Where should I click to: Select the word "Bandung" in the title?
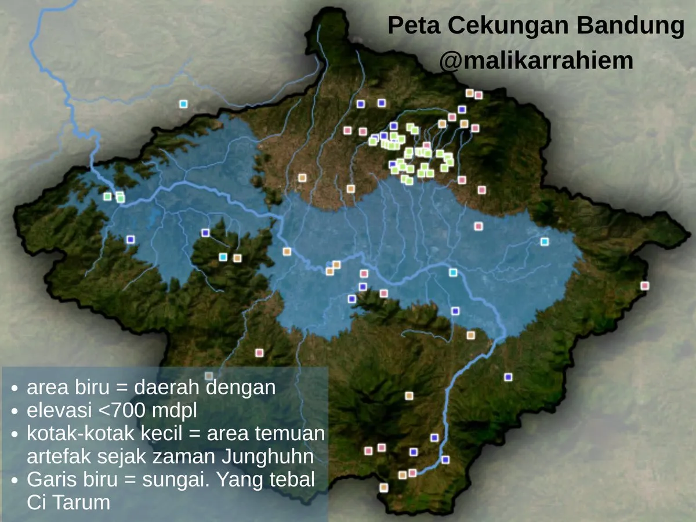click(638, 26)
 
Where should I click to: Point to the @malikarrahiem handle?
click(536, 60)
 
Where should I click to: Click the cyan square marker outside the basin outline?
click(183, 104)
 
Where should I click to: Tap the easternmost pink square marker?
click(644, 285)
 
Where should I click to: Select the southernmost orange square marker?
click(383, 488)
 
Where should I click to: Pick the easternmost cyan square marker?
click(544, 242)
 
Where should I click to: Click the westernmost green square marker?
click(107, 197)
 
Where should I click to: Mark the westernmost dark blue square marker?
click(130, 239)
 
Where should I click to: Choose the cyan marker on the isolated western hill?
click(223, 257)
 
